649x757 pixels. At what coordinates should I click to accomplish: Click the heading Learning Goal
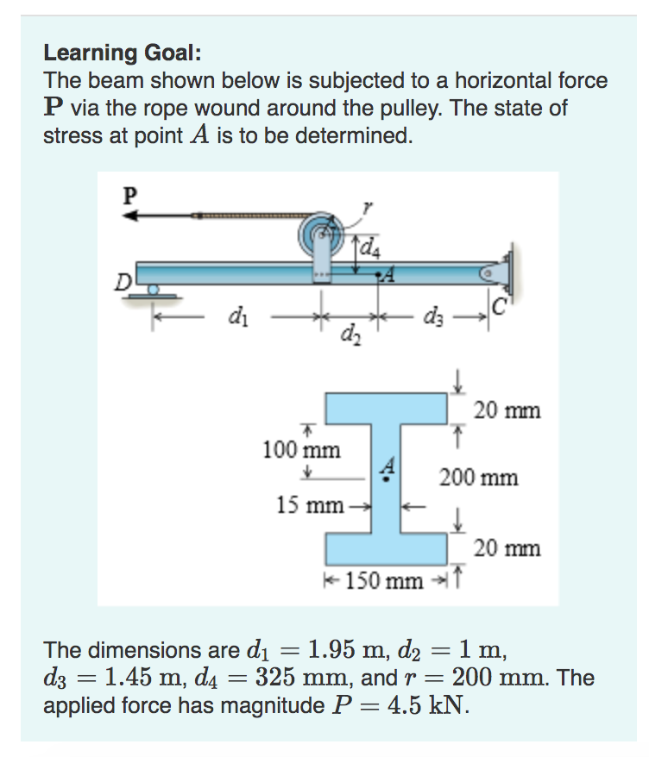(123, 53)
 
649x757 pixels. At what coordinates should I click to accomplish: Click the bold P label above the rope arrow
(129, 194)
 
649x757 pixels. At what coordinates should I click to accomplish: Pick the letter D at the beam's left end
(126, 281)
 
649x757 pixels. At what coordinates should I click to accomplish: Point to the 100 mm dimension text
(301, 450)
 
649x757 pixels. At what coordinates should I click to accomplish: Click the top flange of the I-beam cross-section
(386, 404)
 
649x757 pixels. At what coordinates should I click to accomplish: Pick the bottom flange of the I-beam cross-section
(386, 547)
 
